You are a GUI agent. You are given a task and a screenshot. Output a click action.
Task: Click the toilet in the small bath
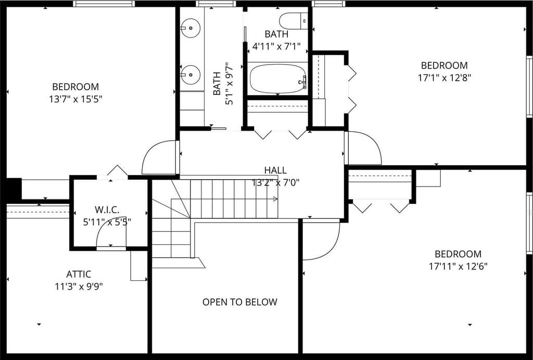pyautogui.click(x=294, y=21)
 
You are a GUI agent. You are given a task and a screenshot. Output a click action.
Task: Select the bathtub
pyautogui.click(x=278, y=79)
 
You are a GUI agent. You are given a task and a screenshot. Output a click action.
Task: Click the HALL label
pyautogui.click(x=275, y=170)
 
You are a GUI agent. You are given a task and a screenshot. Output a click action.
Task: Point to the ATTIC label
pyautogui.click(x=79, y=274)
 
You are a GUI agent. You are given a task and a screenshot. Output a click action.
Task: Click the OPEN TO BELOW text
pyautogui.click(x=239, y=302)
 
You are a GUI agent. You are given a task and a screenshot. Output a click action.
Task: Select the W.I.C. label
pyautogui.click(x=107, y=209)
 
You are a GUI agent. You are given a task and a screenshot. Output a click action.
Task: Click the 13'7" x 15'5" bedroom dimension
pyautogui.click(x=75, y=100)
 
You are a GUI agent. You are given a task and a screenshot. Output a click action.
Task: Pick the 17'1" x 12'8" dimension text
pyautogui.click(x=444, y=78)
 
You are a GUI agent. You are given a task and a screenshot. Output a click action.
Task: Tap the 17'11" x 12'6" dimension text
pyautogui.click(x=458, y=266)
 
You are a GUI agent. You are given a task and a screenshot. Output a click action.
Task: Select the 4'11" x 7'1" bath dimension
pyautogui.click(x=276, y=46)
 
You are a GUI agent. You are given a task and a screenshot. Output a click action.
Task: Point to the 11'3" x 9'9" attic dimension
pyautogui.click(x=79, y=287)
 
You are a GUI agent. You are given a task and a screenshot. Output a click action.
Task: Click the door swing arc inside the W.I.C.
pyautogui.click(x=104, y=231)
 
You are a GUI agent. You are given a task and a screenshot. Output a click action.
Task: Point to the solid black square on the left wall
pyautogui.click(x=14, y=189)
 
